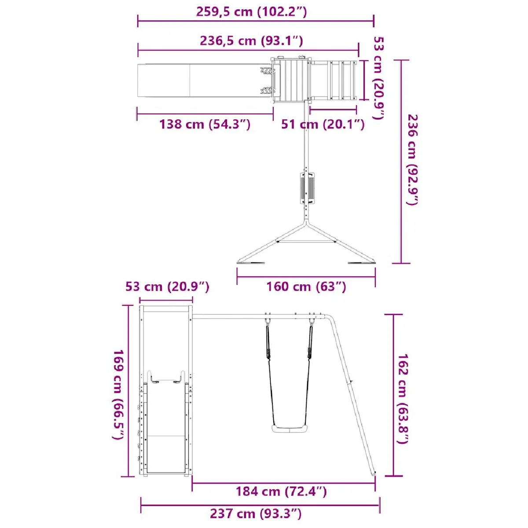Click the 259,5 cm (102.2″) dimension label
pyautogui.click(x=252, y=12)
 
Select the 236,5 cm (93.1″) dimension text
pyautogui.click(x=251, y=41)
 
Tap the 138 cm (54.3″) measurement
pyautogui.click(x=205, y=125)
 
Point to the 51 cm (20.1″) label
pyautogui.click(x=323, y=125)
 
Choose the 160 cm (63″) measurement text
pyautogui.click(x=306, y=286)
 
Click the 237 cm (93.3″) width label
pyautogui.click(x=256, y=513)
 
